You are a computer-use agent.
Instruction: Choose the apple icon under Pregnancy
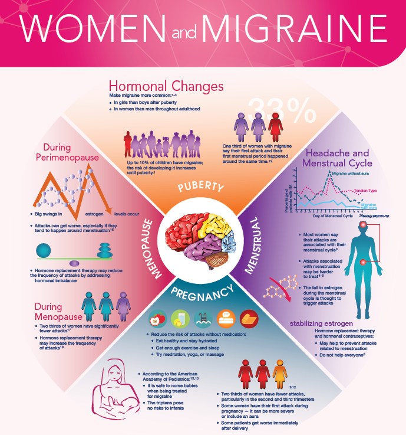tap(158, 318)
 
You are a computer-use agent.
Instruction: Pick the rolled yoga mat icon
tap(248, 318)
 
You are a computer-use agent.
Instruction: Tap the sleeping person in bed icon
tap(226, 318)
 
